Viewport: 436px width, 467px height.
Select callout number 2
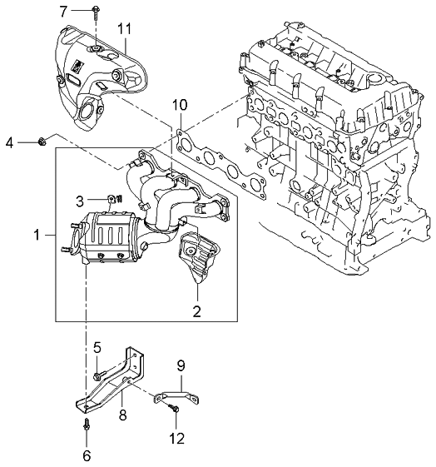(x=198, y=313)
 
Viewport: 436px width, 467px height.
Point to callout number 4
(x=9, y=143)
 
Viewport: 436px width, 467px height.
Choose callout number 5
(x=97, y=347)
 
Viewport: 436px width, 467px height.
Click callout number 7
(x=62, y=10)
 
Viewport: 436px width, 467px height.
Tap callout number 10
(x=177, y=105)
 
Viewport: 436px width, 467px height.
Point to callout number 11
(x=125, y=30)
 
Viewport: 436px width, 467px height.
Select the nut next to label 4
(x=41, y=143)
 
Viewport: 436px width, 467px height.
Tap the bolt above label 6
(x=87, y=425)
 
